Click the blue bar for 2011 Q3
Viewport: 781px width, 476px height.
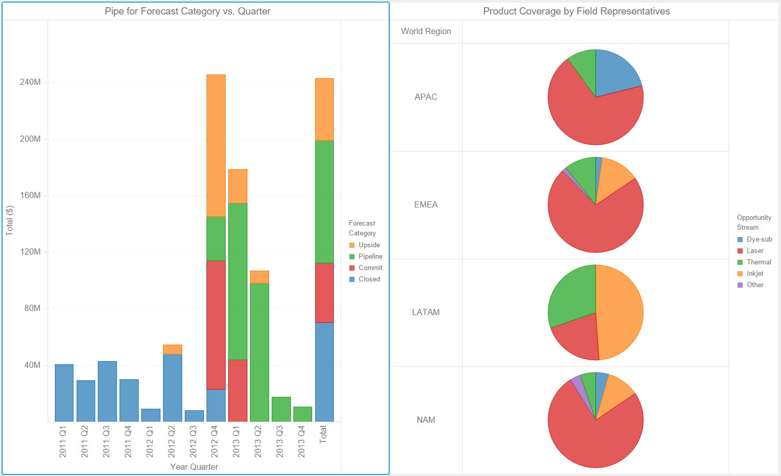click(107, 391)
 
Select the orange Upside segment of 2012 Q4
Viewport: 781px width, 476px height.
click(216, 145)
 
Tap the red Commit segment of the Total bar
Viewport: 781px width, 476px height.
click(325, 292)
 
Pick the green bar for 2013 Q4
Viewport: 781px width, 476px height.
click(303, 414)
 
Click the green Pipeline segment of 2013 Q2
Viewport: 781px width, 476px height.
click(259, 352)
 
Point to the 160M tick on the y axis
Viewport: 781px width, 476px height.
click(30, 195)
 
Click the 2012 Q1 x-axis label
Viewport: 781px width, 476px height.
click(150, 441)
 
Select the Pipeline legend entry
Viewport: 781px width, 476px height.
click(370, 256)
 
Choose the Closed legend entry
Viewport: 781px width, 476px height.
click(369, 279)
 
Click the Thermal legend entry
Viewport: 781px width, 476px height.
click(758, 262)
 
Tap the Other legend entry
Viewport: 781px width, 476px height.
click(755, 285)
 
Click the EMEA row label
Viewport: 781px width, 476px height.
click(426, 204)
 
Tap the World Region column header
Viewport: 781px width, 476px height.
click(426, 31)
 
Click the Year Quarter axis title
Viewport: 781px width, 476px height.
click(194, 467)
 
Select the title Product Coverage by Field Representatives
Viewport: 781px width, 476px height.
click(576, 11)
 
